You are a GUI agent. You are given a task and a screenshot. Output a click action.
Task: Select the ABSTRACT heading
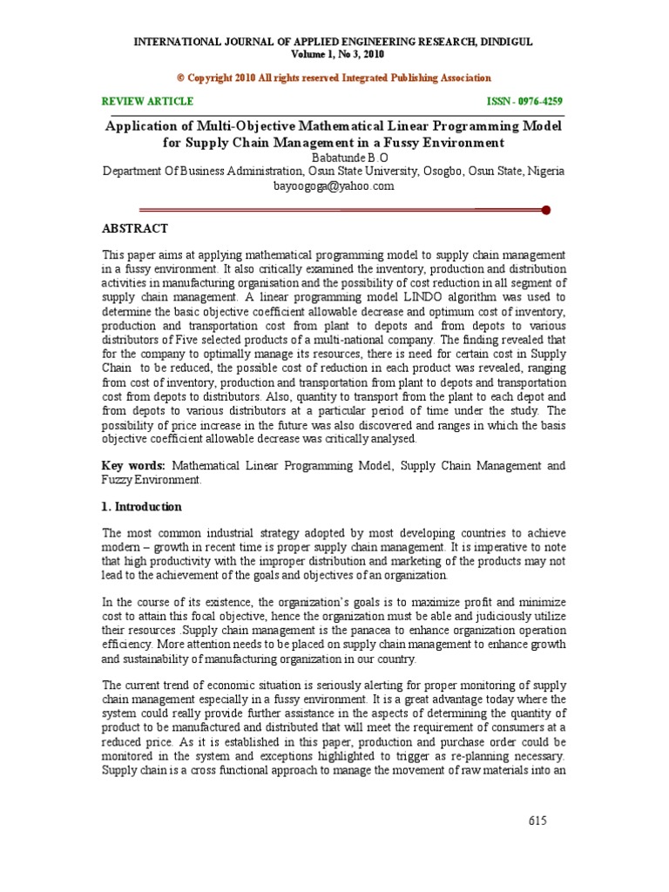pyautogui.click(x=136, y=228)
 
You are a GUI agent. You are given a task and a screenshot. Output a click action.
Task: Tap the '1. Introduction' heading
pyautogui.click(x=142, y=507)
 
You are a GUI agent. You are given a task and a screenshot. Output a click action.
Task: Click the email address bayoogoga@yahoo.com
pyautogui.click(x=334, y=186)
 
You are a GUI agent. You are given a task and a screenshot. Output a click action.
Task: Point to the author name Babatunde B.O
pyautogui.click(x=334, y=157)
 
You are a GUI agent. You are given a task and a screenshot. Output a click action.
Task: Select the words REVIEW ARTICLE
pyautogui.click(x=148, y=102)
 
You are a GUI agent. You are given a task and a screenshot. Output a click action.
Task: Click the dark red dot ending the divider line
pyautogui.click(x=546, y=209)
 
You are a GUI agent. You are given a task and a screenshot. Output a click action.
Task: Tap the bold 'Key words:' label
pyautogui.click(x=130, y=466)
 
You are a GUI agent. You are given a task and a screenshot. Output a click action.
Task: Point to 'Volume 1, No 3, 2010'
pyautogui.click(x=334, y=54)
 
